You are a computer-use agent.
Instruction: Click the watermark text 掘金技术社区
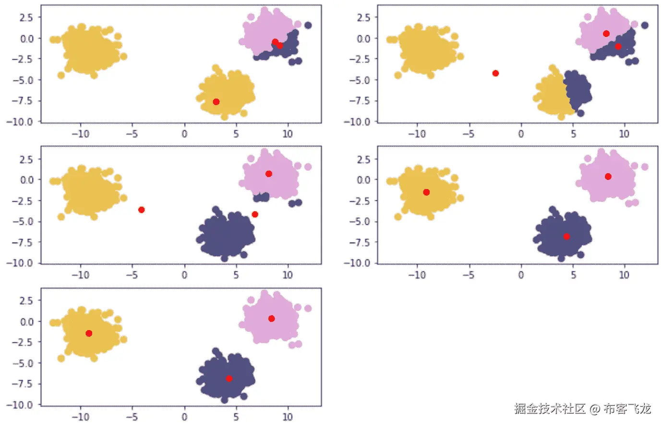(x=550, y=409)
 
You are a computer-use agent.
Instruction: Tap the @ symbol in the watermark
(x=595, y=409)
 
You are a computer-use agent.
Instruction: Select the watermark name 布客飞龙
(x=627, y=409)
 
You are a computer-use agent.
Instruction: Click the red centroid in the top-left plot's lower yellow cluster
(x=216, y=102)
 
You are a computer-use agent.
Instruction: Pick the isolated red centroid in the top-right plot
(x=495, y=73)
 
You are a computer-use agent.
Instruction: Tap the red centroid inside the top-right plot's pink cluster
(x=606, y=34)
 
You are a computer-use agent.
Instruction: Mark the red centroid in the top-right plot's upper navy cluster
(x=618, y=47)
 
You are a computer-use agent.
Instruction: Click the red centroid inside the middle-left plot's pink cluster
(x=269, y=174)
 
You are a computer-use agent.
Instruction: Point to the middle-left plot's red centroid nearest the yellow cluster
(x=141, y=210)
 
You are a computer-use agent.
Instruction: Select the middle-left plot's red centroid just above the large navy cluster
(x=255, y=214)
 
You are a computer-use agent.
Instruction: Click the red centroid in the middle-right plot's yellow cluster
(x=426, y=192)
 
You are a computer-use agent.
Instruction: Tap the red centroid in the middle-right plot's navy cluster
(x=567, y=237)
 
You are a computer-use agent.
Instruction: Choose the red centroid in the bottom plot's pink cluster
(x=271, y=319)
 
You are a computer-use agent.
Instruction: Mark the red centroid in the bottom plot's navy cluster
(x=229, y=379)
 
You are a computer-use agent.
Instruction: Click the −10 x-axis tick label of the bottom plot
(x=80, y=416)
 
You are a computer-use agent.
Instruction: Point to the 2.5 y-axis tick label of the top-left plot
(x=26, y=17)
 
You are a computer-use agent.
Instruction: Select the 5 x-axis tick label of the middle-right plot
(x=573, y=275)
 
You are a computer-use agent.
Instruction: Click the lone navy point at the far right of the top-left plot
(x=308, y=25)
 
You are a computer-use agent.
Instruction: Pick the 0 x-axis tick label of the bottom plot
(x=184, y=416)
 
